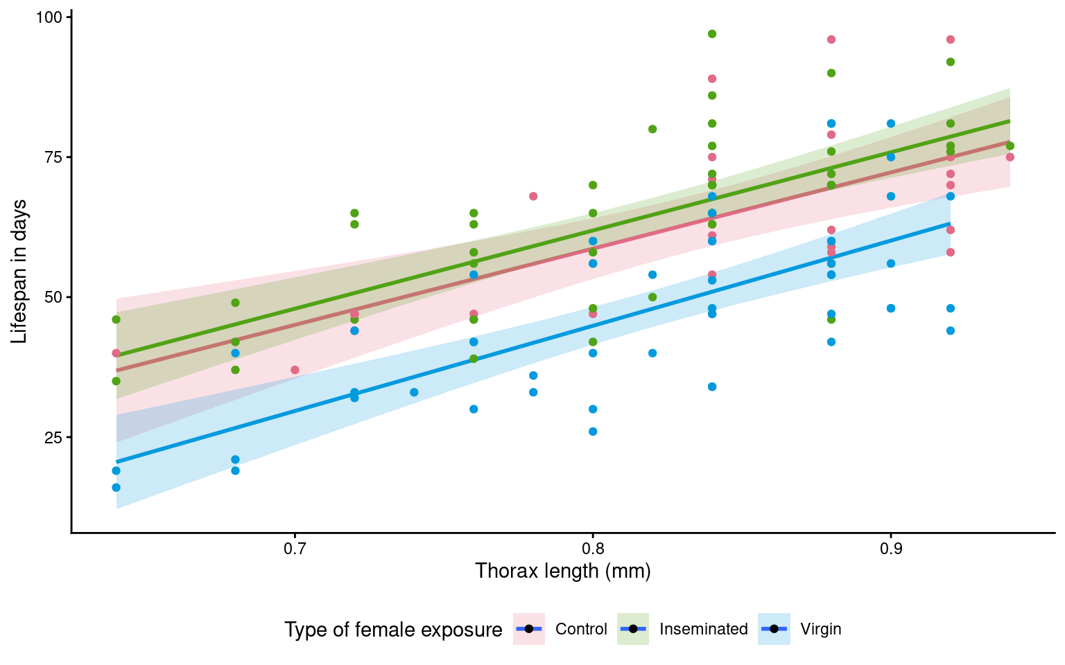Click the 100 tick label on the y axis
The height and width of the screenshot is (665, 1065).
pos(49,17)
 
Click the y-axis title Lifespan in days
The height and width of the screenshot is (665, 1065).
pos(19,271)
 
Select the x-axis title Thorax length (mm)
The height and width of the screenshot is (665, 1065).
pos(562,571)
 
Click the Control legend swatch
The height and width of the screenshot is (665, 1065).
pos(529,629)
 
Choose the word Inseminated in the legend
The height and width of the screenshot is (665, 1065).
pos(703,629)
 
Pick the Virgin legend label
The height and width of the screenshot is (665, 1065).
pos(820,629)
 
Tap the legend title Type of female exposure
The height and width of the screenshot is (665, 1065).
pos(393,630)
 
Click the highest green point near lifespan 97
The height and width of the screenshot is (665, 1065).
pos(711,34)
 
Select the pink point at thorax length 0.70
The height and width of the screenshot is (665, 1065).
pos(295,370)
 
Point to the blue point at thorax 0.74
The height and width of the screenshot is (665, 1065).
pos(414,392)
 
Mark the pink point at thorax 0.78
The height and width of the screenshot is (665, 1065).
pos(533,196)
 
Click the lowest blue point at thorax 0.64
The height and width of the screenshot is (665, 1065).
pos(116,488)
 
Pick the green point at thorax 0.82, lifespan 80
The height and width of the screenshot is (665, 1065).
pos(652,129)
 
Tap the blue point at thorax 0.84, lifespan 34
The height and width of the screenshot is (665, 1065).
pos(711,387)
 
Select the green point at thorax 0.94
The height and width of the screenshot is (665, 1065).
pos(1010,145)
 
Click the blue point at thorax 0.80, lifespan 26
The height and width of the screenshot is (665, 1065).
pos(593,432)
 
